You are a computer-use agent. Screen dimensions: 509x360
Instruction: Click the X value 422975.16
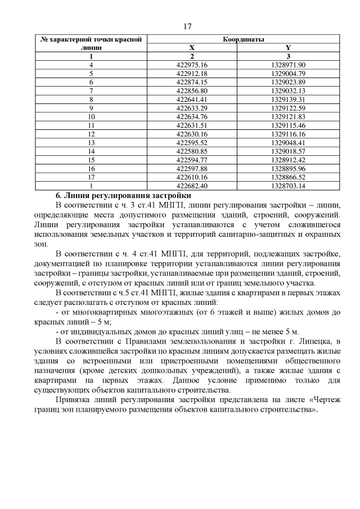pyautogui.click(x=192, y=65)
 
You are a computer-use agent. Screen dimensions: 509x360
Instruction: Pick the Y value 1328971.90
pyautogui.click(x=287, y=65)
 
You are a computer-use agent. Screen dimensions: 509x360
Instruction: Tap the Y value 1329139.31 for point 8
pyautogui.click(x=287, y=99)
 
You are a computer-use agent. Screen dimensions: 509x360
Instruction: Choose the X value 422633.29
pyautogui.click(x=192, y=107)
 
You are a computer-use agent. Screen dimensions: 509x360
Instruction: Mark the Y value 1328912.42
pyautogui.click(x=287, y=159)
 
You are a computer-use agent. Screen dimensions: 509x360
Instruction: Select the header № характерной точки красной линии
pyautogui.click(x=91, y=43)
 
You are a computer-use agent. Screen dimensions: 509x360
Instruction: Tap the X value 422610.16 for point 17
pyautogui.click(x=192, y=176)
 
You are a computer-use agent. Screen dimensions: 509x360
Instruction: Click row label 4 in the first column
pyautogui.click(x=91, y=65)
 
